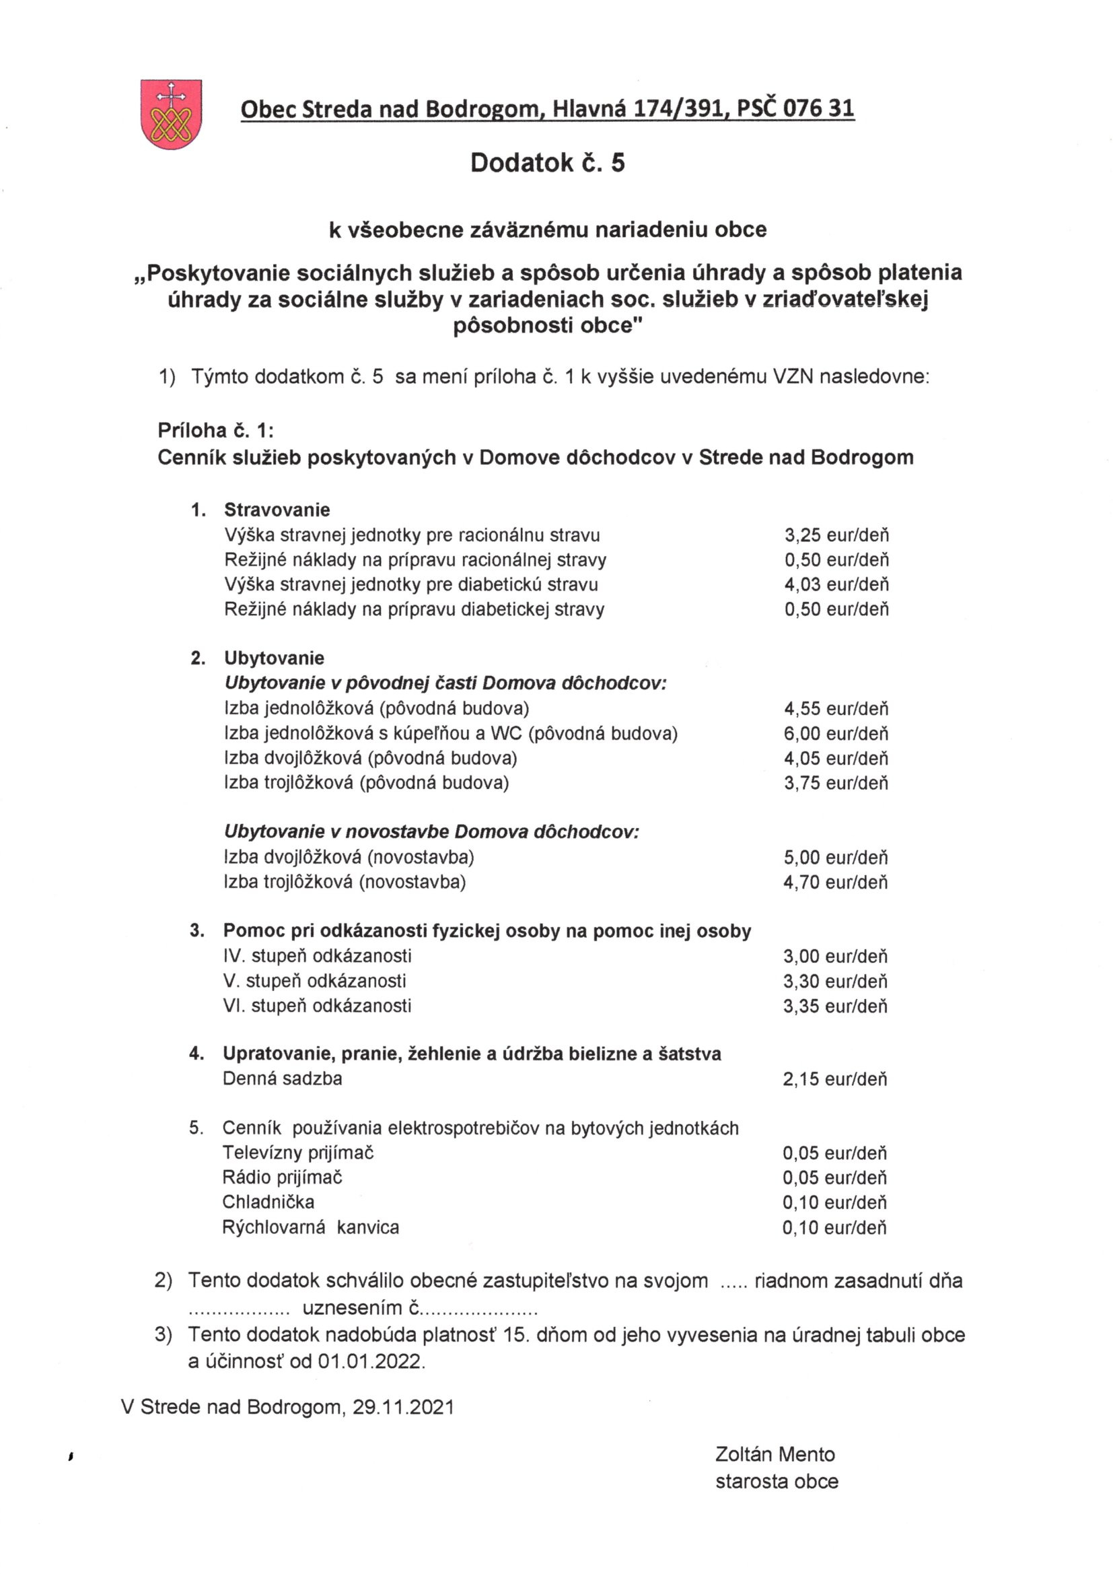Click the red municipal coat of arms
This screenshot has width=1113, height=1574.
pyautogui.click(x=171, y=114)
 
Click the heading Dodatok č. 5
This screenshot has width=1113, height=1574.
pyautogui.click(x=547, y=163)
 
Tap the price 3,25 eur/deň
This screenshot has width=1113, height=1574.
pyautogui.click(x=836, y=535)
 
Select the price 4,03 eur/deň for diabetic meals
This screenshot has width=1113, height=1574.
pyautogui.click(x=836, y=585)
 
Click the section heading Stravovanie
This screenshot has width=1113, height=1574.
pyautogui.click(x=277, y=510)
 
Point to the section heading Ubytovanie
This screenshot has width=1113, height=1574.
pyautogui.click(x=274, y=658)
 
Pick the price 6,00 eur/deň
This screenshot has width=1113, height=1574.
pyautogui.click(x=836, y=734)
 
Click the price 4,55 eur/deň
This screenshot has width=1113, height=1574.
pyautogui.click(x=836, y=709)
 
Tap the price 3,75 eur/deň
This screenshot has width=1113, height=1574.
pyautogui.click(x=836, y=783)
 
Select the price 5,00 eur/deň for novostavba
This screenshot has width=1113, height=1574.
pyautogui.click(x=836, y=858)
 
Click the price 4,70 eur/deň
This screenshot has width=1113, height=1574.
pyautogui.click(x=836, y=883)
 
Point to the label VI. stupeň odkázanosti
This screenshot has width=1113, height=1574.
pyautogui.click(x=318, y=1006)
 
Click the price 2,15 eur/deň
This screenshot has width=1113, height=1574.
pyautogui.click(x=834, y=1080)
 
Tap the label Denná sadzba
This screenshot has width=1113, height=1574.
pyautogui.click(x=283, y=1079)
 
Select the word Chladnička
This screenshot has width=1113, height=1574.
pyautogui.click(x=268, y=1202)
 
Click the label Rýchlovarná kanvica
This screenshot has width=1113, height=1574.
pyautogui.click(x=310, y=1227)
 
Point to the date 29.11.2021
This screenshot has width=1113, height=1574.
pyautogui.click(x=404, y=1408)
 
